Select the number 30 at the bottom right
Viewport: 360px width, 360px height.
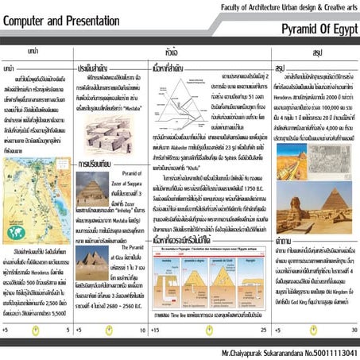[352, 328]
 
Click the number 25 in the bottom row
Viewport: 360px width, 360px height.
[263, 328]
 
